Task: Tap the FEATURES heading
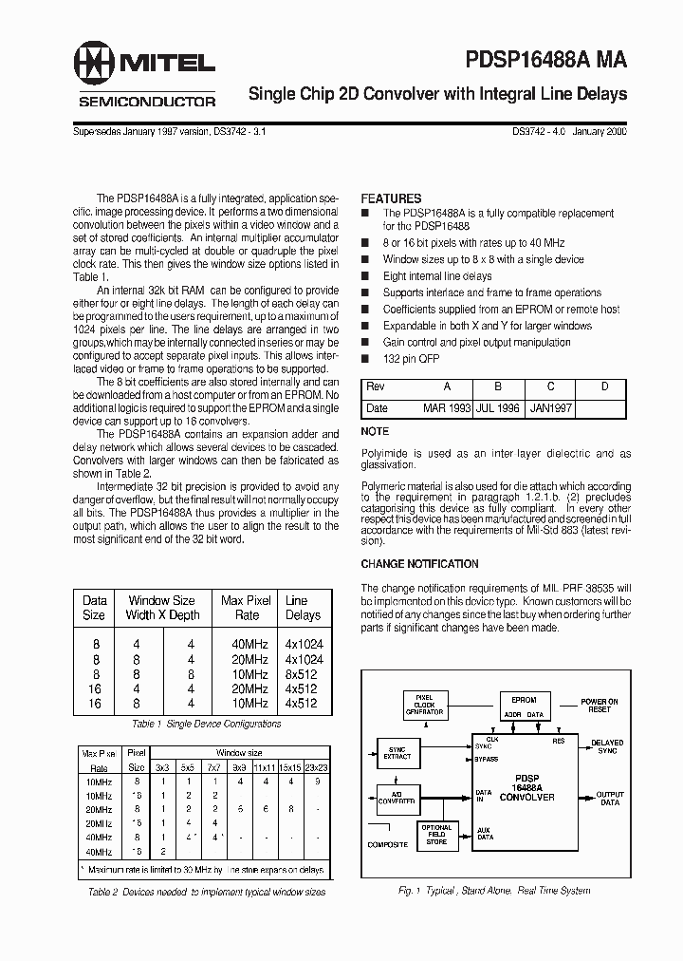[x=391, y=198]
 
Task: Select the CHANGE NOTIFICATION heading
[x=418, y=563]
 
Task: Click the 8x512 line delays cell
[x=304, y=675]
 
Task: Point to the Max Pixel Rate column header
[x=246, y=608]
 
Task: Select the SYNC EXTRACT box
[x=397, y=752]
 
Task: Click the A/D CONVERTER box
[x=397, y=796]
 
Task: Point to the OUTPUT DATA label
[x=610, y=797]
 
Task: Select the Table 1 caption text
[x=206, y=724]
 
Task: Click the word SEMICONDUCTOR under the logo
[x=146, y=102]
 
